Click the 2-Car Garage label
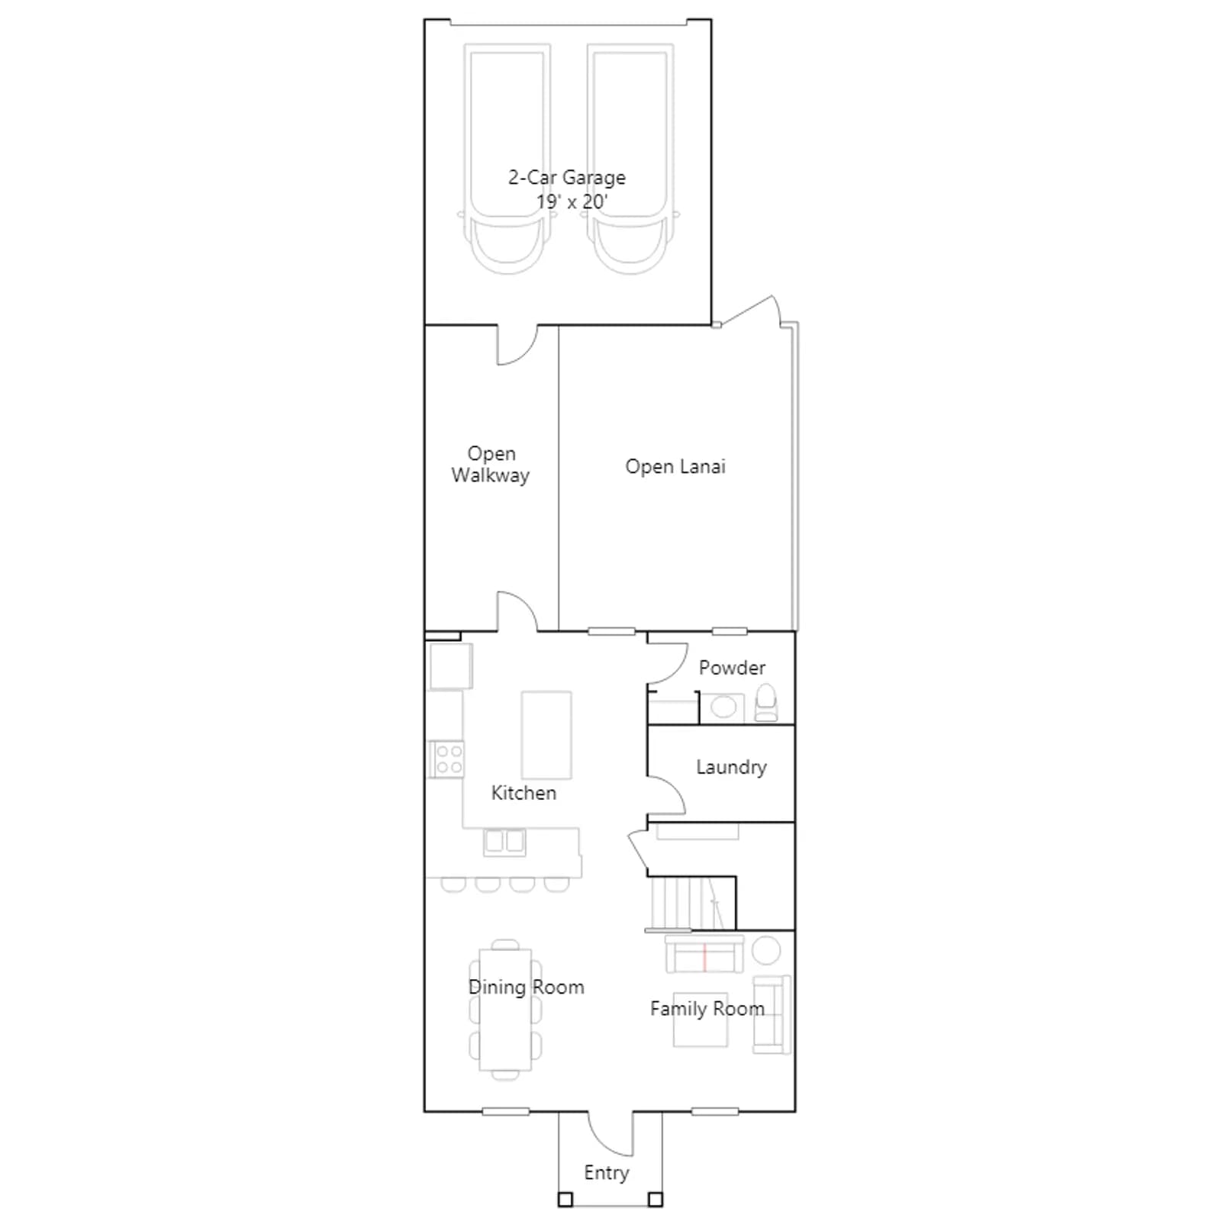pos(567,178)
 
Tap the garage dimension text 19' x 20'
pos(572,202)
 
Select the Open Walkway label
pos(491,464)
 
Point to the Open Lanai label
pos(675,466)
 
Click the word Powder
pos(732,668)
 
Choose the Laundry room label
pos(731,767)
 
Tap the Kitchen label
pos(524,793)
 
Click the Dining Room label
pos(527,987)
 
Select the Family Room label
pos(707,1009)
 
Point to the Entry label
pos(607,1173)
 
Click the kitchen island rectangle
pos(546,735)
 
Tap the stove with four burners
pos(447,759)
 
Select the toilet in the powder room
pos(765,703)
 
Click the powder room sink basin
pos(723,707)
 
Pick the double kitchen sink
pos(504,842)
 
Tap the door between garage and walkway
pos(517,345)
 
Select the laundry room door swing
pos(666,796)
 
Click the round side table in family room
pos(766,951)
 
